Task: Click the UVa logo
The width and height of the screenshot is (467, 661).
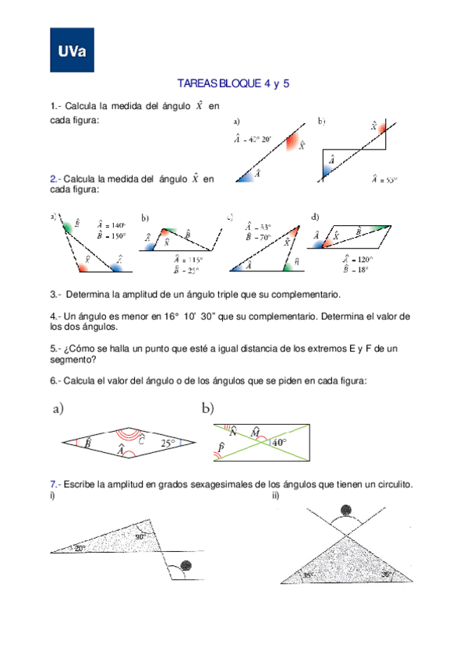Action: [x=72, y=51]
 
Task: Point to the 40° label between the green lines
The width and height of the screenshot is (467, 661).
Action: [x=278, y=443]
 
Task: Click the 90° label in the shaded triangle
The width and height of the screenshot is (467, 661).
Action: [x=140, y=536]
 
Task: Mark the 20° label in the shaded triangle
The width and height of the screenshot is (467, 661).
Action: [x=80, y=549]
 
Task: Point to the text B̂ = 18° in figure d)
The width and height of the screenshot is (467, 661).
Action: [x=357, y=270]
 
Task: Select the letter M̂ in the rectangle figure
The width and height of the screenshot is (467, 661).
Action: [x=255, y=431]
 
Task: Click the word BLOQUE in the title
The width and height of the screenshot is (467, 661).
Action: [x=242, y=83]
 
